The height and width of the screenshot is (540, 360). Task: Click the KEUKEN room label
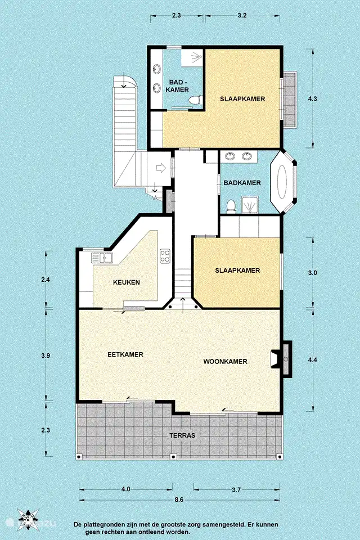[x=127, y=282]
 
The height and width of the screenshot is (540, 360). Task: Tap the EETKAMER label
[x=125, y=354]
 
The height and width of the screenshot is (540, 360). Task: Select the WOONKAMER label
[x=226, y=362]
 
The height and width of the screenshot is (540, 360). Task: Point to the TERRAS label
[x=182, y=435]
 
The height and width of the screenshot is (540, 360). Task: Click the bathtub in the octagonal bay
[x=283, y=182]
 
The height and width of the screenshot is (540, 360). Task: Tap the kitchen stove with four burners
[x=165, y=256]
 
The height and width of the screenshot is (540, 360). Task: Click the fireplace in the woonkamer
[x=282, y=359]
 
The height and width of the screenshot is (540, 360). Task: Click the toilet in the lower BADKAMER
[x=231, y=207]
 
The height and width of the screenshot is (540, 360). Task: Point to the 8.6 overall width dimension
[x=179, y=499]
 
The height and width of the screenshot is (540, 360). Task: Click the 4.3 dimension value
[x=312, y=99]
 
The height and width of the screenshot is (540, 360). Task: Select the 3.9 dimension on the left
[x=46, y=355]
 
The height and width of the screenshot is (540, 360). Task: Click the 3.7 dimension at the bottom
[x=236, y=490]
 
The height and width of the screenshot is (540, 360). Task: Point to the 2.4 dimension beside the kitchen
[x=46, y=280]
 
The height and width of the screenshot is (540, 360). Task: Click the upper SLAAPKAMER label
[x=242, y=99]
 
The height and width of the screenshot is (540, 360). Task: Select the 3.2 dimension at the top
[x=242, y=16]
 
